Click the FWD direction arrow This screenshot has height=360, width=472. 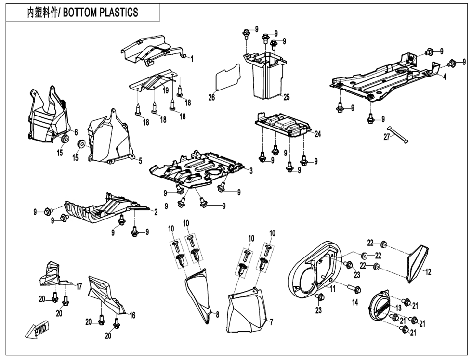click(x=36, y=331)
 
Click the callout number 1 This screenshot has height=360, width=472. click(x=192, y=59)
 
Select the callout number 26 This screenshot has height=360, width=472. click(x=211, y=98)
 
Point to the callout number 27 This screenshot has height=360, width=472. click(x=386, y=137)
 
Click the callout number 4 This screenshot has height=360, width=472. click(x=445, y=77)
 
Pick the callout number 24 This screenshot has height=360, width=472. click(x=317, y=134)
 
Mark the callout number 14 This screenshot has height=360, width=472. click(x=355, y=302)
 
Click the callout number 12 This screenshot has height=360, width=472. click(x=428, y=272)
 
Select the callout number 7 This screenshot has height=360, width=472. click(x=271, y=322)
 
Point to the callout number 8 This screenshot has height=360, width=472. click(x=217, y=315)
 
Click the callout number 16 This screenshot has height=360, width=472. click(x=132, y=315)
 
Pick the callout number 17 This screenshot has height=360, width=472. click(x=79, y=286)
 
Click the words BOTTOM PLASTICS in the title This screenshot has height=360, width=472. click(x=104, y=12)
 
